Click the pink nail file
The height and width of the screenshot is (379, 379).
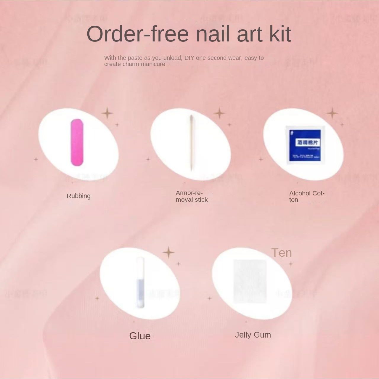point(77,142)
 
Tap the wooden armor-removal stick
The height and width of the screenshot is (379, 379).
point(191,143)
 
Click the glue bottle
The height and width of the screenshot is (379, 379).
point(140,283)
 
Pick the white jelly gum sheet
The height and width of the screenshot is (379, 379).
point(250,282)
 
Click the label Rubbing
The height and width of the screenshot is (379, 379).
point(78,196)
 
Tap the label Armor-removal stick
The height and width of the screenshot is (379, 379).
point(192,196)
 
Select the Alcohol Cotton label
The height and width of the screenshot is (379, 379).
point(306,196)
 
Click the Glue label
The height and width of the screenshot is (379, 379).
point(140,336)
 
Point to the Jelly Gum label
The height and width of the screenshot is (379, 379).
point(253,335)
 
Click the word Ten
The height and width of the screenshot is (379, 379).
point(282,253)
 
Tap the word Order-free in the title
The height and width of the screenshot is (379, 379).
point(137,34)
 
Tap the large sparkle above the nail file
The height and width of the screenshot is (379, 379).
point(107,113)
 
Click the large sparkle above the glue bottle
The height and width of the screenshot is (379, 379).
point(168,253)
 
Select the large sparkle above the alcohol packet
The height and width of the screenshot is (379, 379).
point(332,113)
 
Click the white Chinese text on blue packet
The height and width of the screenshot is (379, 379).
point(308,142)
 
